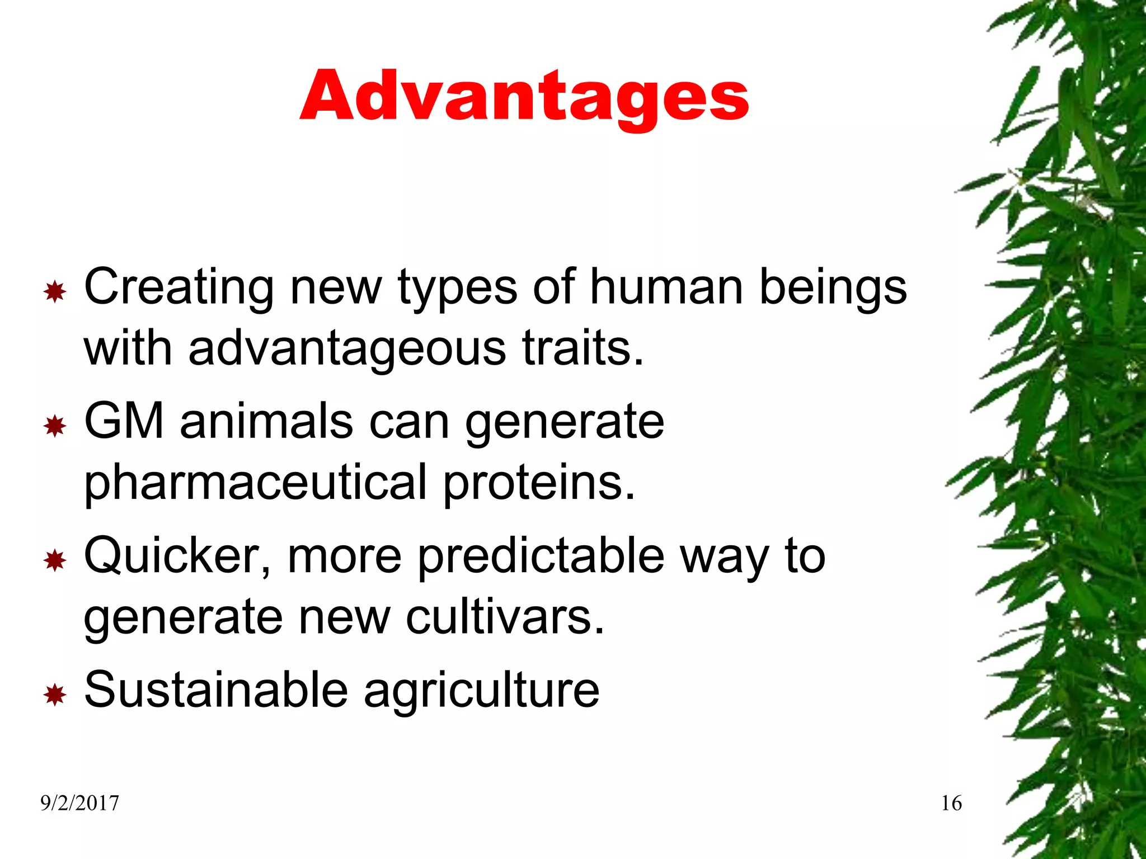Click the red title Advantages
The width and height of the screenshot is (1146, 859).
(524, 96)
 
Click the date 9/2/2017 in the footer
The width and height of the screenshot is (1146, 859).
(79, 804)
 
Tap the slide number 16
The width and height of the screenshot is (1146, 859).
(951, 804)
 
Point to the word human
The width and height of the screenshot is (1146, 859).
(667, 287)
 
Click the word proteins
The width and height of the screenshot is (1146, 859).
(539, 482)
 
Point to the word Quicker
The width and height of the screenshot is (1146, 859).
(177, 557)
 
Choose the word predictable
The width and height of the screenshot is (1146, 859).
(541, 557)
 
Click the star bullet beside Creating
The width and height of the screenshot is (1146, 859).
(55, 292)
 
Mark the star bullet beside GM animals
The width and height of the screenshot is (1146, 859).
(55, 427)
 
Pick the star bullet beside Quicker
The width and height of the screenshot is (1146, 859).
(55, 560)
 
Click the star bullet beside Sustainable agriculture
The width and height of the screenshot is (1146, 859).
(55, 695)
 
